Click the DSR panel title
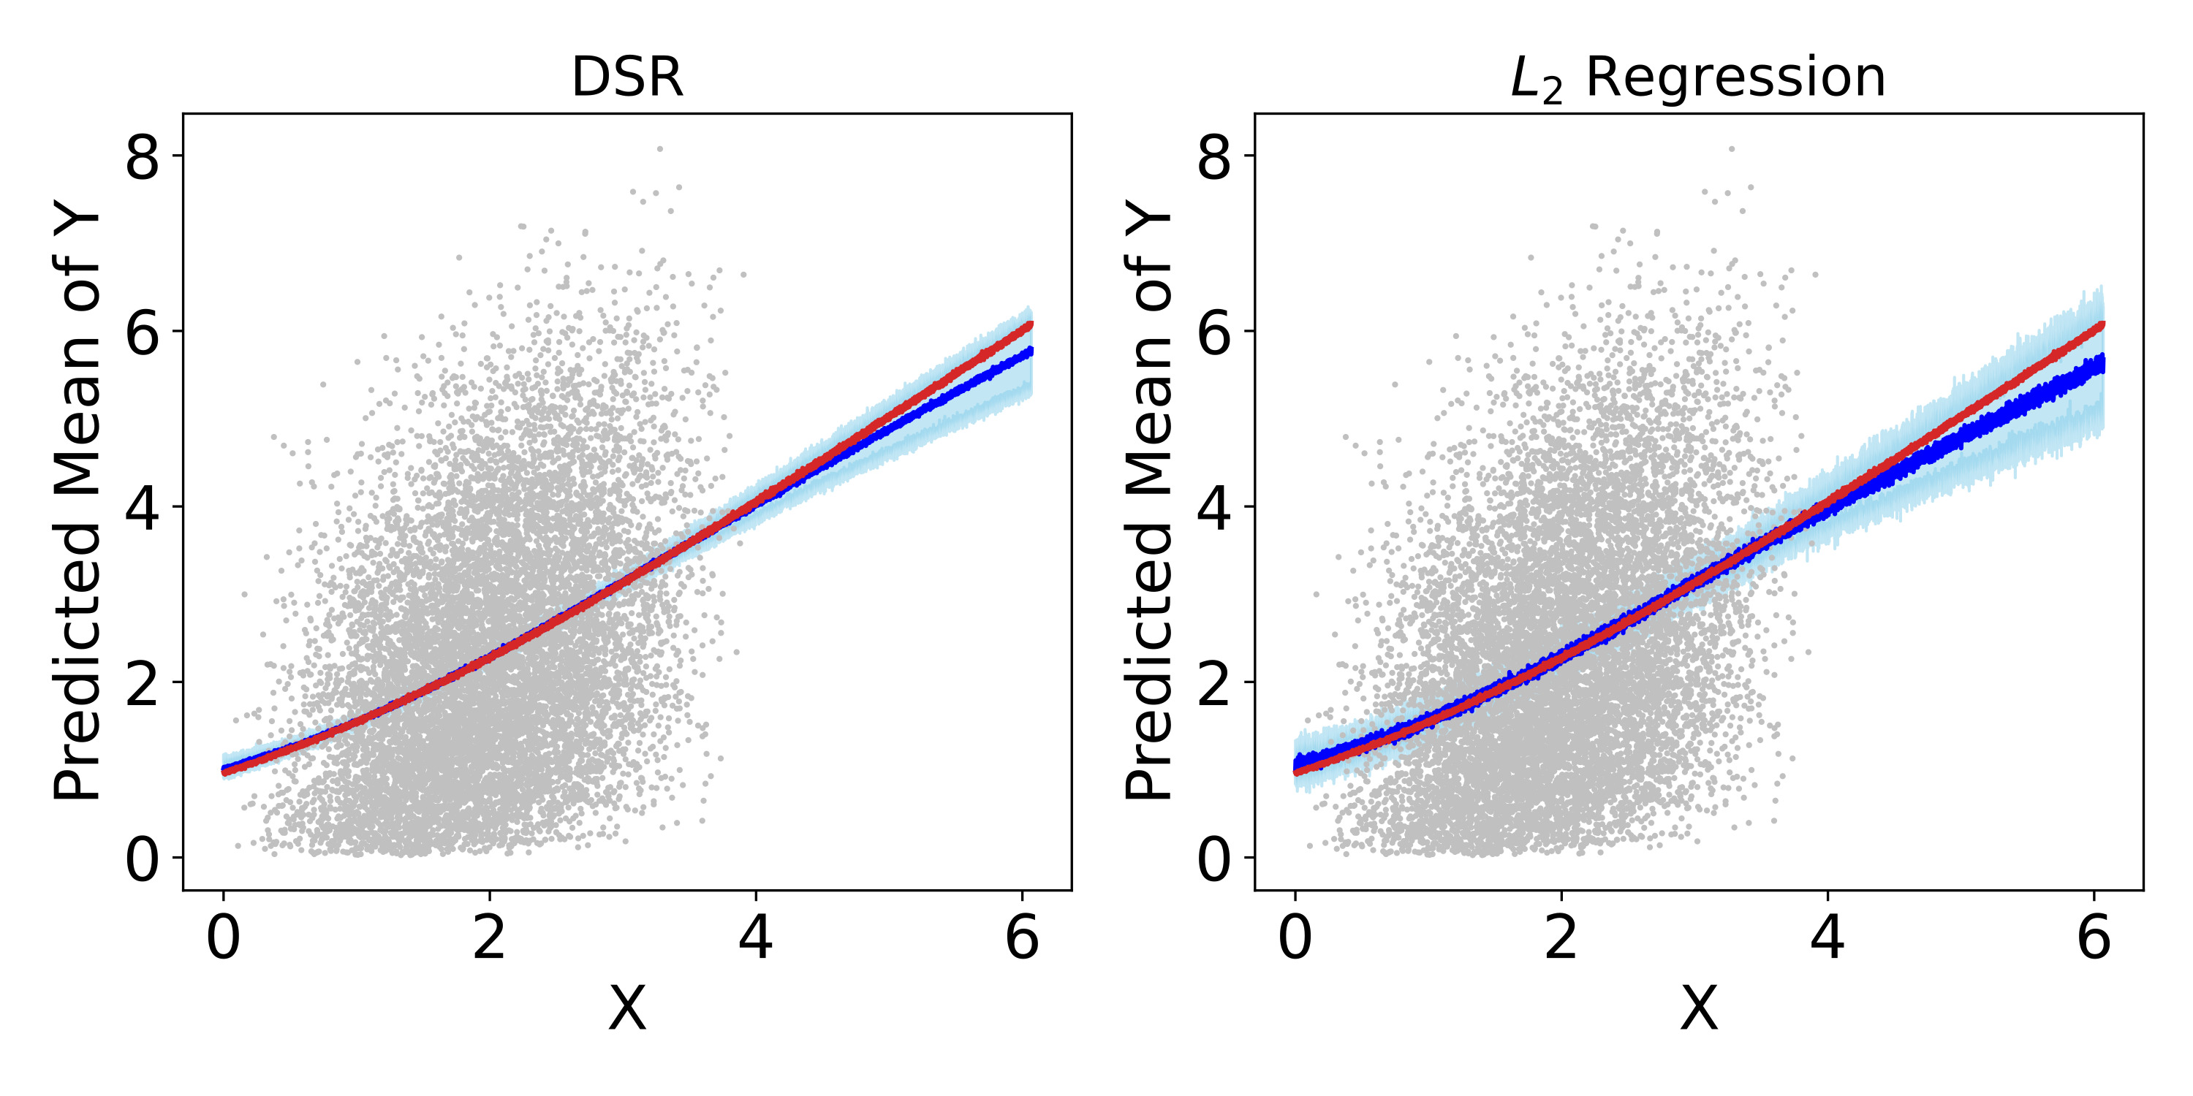[x=627, y=77]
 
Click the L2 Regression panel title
[x=1697, y=79]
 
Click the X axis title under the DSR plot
[x=627, y=1009]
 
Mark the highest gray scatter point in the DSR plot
[x=660, y=149]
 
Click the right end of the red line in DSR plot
[x=1031, y=324]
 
